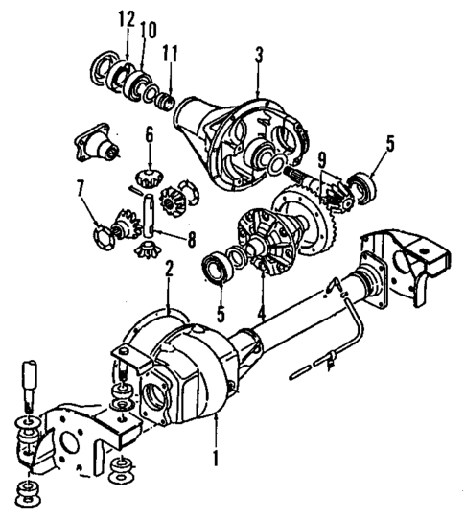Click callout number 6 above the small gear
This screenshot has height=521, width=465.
(x=150, y=137)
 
